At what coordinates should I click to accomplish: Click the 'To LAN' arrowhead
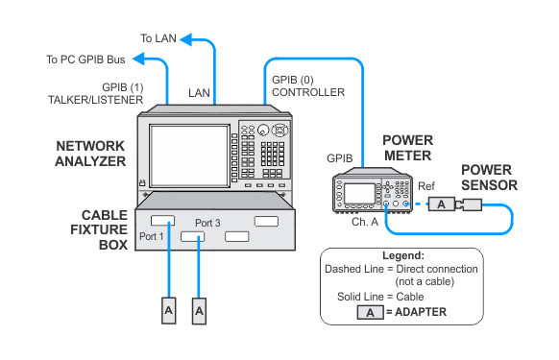coord(186,39)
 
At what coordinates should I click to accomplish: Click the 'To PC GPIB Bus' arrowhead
coord(138,59)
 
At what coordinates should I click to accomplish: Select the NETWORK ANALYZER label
coord(90,154)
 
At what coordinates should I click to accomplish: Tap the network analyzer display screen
coord(189,156)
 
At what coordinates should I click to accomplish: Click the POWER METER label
coord(408,148)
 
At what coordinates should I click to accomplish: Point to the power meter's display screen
coord(359,194)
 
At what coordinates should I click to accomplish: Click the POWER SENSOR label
coord(489,178)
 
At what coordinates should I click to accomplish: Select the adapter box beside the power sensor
coord(442,204)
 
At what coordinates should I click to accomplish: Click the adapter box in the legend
coord(371,312)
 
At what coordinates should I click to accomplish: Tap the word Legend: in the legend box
coord(403,255)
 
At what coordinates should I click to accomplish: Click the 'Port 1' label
coord(151,236)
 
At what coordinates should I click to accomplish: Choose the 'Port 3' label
coord(207,223)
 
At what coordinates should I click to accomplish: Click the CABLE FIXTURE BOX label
coord(99,229)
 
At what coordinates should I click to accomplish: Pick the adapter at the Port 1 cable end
coord(169,310)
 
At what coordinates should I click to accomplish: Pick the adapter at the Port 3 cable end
coord(199,311)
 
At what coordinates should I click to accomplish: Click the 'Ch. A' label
coord(365,222)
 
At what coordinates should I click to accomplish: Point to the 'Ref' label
coord(426,186)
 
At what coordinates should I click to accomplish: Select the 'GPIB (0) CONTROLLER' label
coord(308,85)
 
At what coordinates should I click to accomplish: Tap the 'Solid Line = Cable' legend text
coord(380,297)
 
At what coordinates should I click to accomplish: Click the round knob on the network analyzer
coord(263,131)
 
